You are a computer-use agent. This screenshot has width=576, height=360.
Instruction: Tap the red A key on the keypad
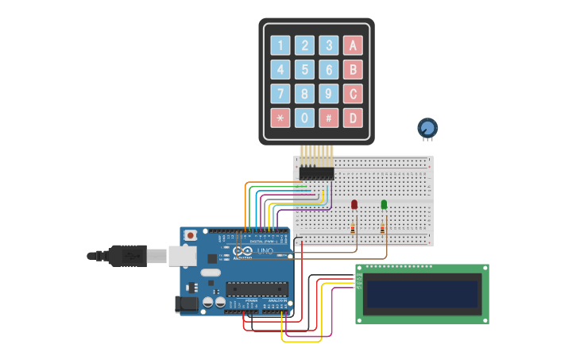tap(353, 45)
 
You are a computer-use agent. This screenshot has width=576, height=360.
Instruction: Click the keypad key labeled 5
tap(304, 70)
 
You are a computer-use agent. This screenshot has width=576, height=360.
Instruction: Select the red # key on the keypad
tap(328, 118)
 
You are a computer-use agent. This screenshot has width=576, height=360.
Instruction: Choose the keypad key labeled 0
tap(304, 118)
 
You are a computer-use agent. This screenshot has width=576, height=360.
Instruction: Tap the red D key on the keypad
tap(353, 118)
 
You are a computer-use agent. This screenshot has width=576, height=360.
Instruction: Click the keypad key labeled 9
tap(328, 94)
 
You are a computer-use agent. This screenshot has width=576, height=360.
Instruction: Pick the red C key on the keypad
tap(353, 94)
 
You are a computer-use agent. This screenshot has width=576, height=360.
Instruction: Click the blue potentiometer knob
tap(427, 127)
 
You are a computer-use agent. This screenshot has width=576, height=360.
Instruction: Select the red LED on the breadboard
tap(354, 205)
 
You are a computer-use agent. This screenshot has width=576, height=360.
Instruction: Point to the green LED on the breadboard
tap(384, 205)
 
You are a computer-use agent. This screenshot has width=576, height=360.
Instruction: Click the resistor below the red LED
tap(353, 229)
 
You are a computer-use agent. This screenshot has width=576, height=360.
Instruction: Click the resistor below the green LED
tap(382, 229)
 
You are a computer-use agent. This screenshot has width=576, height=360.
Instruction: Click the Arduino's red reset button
tap(191, 235)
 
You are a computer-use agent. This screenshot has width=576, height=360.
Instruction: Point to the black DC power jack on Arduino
tap(186, 304)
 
